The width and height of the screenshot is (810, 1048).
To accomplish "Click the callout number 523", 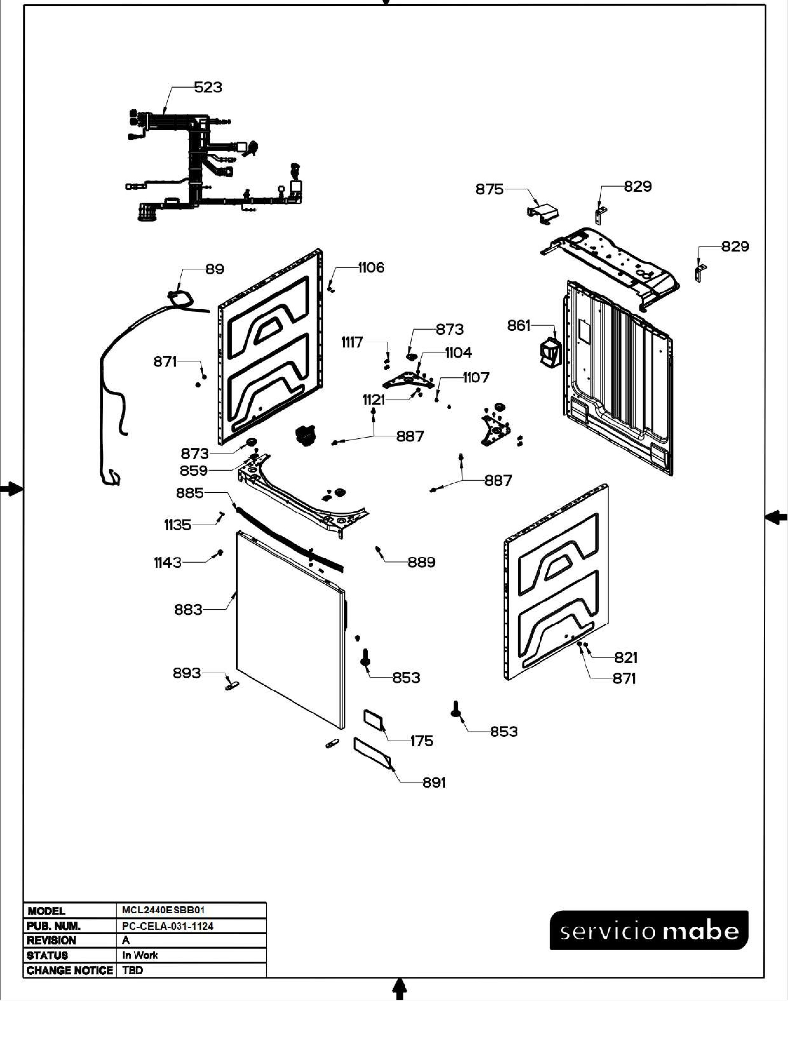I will [208, 87].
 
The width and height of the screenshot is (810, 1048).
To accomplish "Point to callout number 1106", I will [371, 268].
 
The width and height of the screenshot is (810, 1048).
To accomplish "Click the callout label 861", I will [519, 326].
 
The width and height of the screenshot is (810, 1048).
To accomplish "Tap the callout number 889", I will [421, 562].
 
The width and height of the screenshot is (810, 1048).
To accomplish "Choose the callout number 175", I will [422, 741].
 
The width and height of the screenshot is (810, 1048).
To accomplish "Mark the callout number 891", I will [434, 783].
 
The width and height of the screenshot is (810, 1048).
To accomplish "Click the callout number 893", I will [187, 673].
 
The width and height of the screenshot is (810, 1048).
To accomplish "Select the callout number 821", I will [626, 657].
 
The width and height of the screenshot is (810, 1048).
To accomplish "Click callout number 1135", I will [178, 526].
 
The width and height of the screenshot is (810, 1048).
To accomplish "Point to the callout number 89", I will [214, 269].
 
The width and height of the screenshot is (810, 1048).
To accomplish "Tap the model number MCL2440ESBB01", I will [163, 910].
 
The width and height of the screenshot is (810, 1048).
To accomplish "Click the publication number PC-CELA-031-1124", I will [167, 926].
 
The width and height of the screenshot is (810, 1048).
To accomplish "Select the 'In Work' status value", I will [140, 955].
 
